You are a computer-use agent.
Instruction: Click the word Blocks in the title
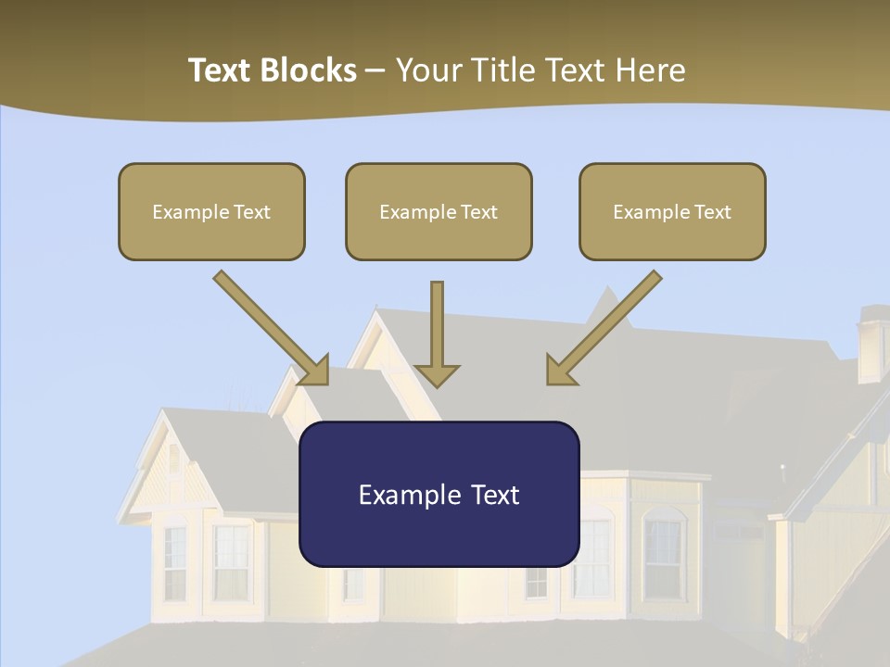pos(310,70)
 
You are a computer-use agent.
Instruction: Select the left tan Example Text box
pos(211,211)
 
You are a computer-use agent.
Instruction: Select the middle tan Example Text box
pos(439,211)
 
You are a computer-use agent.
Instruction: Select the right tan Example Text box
pos(672,211)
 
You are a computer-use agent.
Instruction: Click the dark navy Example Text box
pos(439,494)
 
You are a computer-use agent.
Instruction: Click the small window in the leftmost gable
pos(173,459)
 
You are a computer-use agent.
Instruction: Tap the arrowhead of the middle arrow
pos(437,374)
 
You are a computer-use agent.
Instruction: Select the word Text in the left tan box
pos(252,212)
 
